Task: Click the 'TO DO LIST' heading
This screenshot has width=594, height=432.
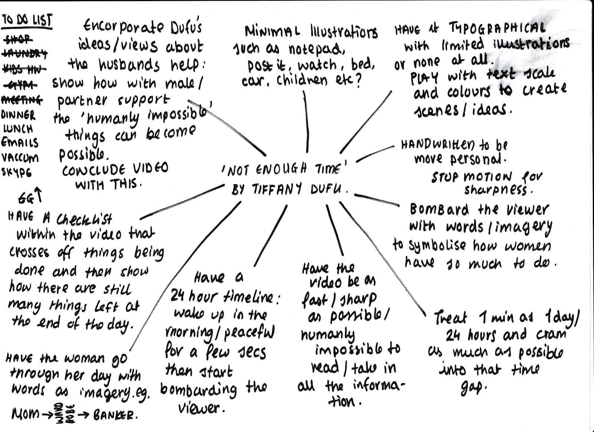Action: (27, 21)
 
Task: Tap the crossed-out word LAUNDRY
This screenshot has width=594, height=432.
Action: (25, 54)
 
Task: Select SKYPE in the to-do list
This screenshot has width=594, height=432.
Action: (17, 172)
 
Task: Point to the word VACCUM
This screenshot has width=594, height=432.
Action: (20, 157)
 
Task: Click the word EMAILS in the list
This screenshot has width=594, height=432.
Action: (20, 143)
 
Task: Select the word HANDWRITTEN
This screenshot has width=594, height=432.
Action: (437, 144)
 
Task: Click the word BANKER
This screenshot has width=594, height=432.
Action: (113, 415)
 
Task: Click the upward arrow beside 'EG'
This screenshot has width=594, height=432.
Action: (39, 195)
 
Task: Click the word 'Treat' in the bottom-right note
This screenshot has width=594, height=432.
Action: (450, 318)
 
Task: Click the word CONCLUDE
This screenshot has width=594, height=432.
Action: (90, 170)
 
